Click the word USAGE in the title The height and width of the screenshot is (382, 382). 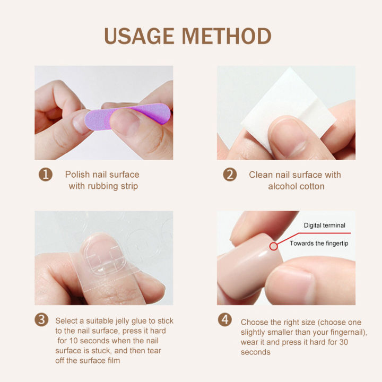139,36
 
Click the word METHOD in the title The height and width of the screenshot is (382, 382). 227,36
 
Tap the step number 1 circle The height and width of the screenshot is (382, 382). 46,175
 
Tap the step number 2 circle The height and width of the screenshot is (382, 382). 230,175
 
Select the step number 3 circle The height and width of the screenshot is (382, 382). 41,319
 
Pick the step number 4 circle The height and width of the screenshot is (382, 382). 225,319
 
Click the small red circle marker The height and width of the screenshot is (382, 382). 274,246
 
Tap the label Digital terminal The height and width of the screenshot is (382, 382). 325,225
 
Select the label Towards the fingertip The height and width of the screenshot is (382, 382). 319,243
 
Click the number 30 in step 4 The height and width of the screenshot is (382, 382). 343,342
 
